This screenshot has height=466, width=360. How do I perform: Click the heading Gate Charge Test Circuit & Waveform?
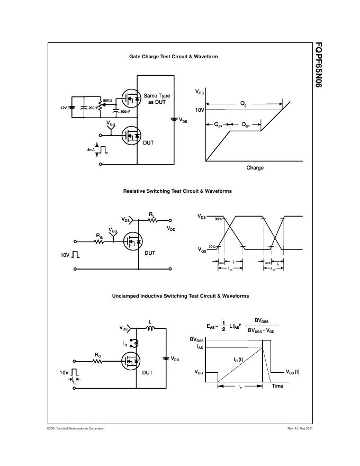pos(173,57)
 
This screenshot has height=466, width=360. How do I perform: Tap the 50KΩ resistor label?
pos(107,100)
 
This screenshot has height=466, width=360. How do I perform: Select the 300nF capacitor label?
pos(125,112)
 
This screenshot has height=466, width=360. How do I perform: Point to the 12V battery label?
pos(64,107)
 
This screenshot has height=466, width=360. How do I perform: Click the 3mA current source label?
pos(91,150)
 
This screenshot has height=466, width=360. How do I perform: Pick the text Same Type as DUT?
pos(157,98)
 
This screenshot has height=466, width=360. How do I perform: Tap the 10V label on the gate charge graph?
pos(200,110)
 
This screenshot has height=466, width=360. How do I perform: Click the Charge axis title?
pos(255,168)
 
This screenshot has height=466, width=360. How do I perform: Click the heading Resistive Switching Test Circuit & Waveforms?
pos(177,191)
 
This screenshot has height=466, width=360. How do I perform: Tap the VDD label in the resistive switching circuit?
pos(171,228)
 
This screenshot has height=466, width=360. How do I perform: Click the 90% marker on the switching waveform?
pos(218,219)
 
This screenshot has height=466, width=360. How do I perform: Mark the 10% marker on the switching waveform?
pos(212,247)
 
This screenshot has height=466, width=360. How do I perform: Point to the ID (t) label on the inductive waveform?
pos(238,360)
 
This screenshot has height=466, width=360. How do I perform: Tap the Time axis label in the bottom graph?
pos(277,386)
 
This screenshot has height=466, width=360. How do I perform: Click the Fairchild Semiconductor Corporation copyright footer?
pos(76,428)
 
